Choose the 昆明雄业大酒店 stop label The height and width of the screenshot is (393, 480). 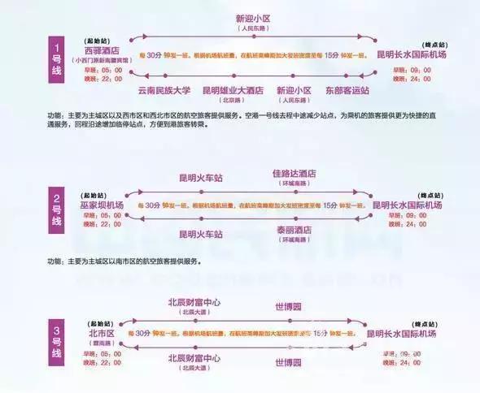[233, 91]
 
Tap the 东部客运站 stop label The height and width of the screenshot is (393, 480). [347, 91]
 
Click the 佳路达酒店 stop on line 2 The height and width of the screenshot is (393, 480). [295, 175]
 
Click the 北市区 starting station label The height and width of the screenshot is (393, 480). [102, 333]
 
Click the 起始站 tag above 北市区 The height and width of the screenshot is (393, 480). [100, 322]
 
